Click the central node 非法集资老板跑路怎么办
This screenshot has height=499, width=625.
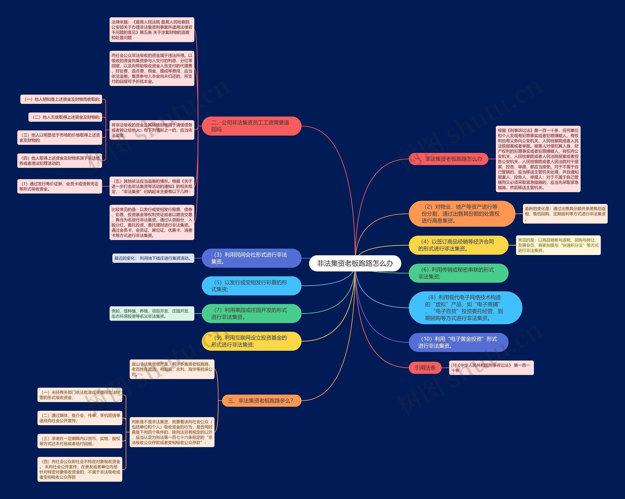pyautogui.click(x=355, y=263)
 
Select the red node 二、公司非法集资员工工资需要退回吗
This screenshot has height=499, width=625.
pyautogui.click(x=252, y=126)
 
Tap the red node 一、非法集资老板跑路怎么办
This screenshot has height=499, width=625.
pyautogui.click(x=448, y=159)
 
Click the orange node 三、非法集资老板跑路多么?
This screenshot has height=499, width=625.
pyautogui.click(x=262, y=401)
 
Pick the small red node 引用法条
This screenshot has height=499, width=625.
pyautogui.click(x=425, y=368)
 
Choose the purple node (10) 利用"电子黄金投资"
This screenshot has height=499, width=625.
pyautogui.click(x=458, y=342)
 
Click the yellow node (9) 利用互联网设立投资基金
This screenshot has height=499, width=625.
pyautogui.click(x=252, y=341)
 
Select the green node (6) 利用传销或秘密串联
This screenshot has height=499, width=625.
pyautogui.click(x=458, y=273)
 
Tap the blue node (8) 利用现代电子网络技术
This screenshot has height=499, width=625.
pyautogui.click(x=465, y=308)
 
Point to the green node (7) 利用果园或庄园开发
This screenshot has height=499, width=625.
pyautogui.click(x=252, y=313)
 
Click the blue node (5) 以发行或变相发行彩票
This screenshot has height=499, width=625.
pyautogui.click(x=252, y=286)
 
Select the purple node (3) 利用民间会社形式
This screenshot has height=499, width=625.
pyautogui.click(x=252, y=258)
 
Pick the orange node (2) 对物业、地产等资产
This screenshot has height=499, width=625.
pyautogui.click(x=462, y=214)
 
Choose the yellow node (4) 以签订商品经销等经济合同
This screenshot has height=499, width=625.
pyautogui.click(x=458, y=245)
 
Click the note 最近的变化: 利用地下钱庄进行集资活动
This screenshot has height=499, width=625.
pyautogui.click(x=153, y=258)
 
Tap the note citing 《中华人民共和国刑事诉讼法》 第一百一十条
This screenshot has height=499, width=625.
pyautogui.click(x=491, y=368)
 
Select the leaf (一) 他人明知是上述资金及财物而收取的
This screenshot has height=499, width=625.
pyautogui.click(x=61, y=99)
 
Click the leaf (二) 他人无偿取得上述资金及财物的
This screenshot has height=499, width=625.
pyautogui.click(x=65, y=117)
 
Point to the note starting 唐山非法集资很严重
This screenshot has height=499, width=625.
pyautogui.click(x=172, y=369)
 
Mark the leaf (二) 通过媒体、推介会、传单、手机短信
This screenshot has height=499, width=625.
pyautogui.click(x=80, y=418)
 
